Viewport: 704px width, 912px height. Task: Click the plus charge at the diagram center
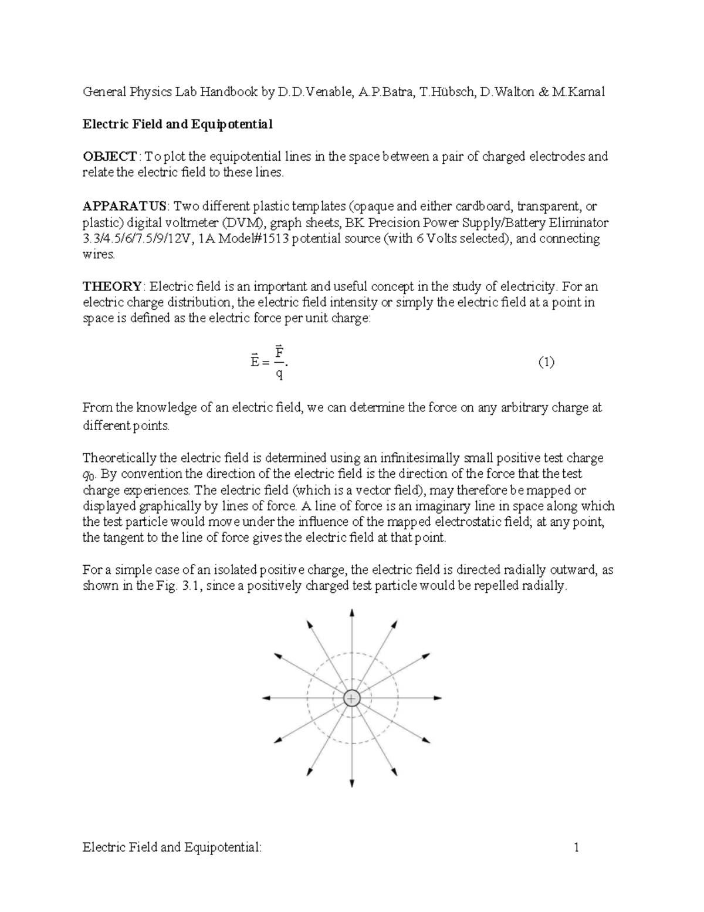tap(351, 698)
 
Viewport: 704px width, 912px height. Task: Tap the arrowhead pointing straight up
tap(351, 612)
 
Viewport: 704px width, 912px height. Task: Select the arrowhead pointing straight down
tap(351, 783)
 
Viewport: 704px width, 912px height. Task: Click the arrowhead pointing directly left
tap(266, 698)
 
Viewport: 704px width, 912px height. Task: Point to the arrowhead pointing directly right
tap(438, 698)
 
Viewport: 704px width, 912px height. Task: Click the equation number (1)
tap(546, 362)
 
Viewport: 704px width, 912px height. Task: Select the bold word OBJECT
tap(110, 157)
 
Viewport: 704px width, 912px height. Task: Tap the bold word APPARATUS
tap(125, 207)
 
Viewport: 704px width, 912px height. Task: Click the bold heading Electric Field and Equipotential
tap(177, 124)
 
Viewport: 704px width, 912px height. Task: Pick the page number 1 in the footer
tap(577, 847)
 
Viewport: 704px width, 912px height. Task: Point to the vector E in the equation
tap(254, 361)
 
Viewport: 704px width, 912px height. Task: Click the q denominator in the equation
tap(280, 373)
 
